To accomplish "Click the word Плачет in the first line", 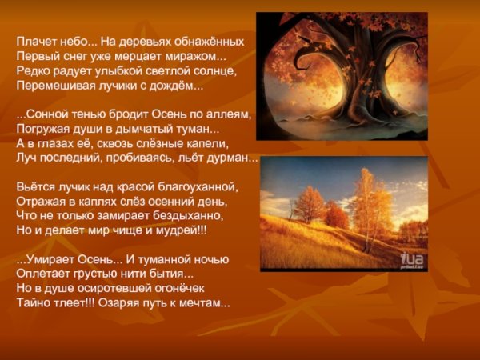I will point(34,41).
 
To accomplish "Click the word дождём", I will point(179,86).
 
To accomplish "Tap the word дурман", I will point(235,158).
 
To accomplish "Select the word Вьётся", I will point(34,187).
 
